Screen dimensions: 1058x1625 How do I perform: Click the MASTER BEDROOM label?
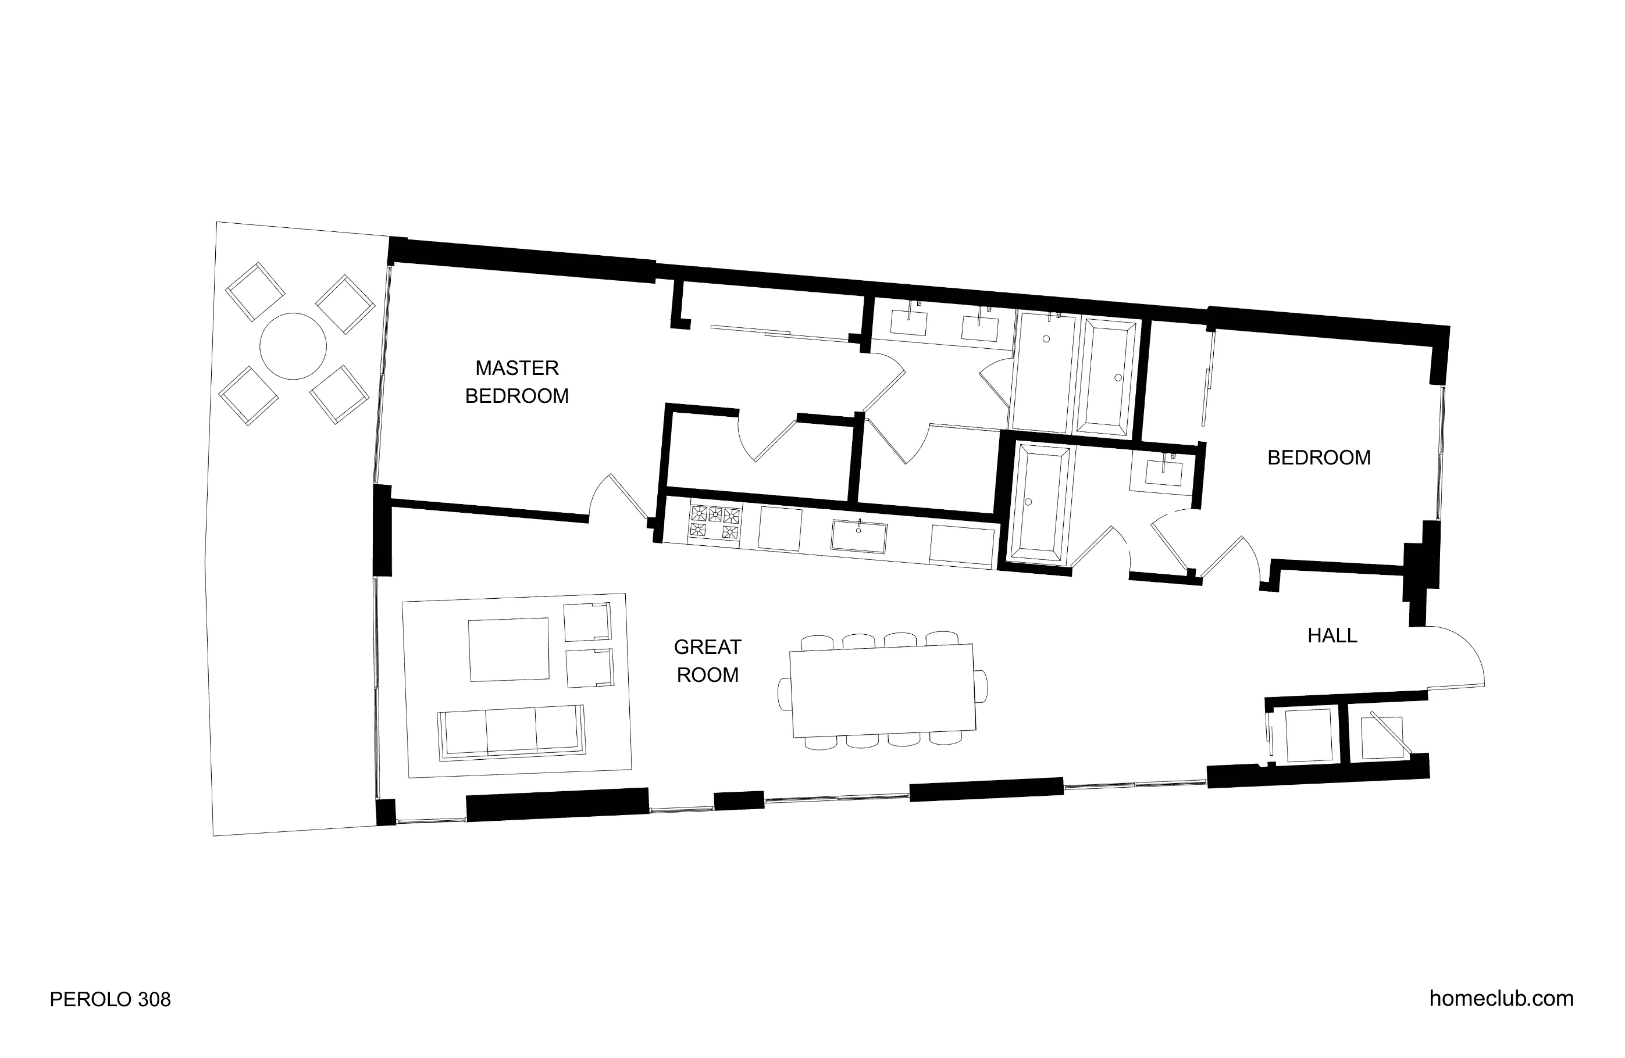[x=517, y=383]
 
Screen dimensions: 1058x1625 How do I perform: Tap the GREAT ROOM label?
[x=707, y=661]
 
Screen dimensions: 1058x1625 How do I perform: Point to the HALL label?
[x=1332, y=635]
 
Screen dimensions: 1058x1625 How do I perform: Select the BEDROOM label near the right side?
[x=1318, y=457]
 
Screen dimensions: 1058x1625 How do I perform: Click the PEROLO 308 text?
[x=110, y=999]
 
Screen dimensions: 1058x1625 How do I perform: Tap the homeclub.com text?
[x=1501, y=998]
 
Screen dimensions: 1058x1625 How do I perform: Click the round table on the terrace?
[x=293, y=346]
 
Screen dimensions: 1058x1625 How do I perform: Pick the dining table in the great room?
[x=883, y=690]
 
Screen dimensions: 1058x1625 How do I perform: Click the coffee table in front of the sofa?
[x=509, y=649]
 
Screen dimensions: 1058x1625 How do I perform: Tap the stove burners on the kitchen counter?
[x=715, y=522]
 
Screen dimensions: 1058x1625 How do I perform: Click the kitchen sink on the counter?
[x=858, y=536]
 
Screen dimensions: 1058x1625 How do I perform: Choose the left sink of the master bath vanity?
[x=909, y=321]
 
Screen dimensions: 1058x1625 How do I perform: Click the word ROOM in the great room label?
[x=707, y=675]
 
